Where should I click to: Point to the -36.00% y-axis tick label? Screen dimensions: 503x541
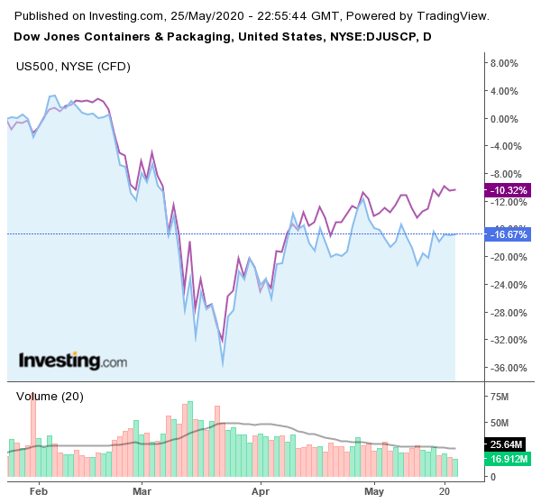[504, 368]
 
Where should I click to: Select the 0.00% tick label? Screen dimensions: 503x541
[501, 119]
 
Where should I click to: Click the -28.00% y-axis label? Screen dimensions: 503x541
[504, 313]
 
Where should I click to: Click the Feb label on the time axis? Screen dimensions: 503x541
[37, 491]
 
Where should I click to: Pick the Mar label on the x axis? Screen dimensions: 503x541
[142, 491]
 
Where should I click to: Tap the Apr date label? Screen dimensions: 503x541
[261, 491]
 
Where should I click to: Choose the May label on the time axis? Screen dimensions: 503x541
[374, 491]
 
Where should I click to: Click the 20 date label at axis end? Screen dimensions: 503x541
[445, 491]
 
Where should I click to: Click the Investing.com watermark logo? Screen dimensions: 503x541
[73, 361]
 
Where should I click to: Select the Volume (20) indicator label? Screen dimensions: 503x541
[49, 396]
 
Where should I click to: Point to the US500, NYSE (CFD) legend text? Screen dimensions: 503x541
[69, 66]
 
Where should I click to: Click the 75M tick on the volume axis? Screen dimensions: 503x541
[499, 396]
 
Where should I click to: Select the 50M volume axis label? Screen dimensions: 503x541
[499, 423]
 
